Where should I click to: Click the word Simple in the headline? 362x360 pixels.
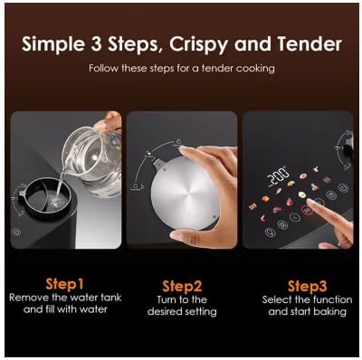click(56, 43)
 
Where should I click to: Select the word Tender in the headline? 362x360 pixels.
click(309, 43)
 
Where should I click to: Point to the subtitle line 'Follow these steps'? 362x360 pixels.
click(180, 68)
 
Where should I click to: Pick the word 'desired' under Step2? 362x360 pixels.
click(167, 311)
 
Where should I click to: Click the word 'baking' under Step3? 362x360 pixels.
click(330, 311)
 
